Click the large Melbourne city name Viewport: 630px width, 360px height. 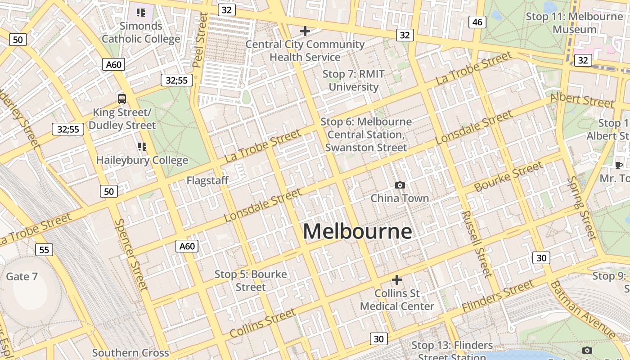[357, 232]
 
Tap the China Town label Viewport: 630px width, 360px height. [400, 198]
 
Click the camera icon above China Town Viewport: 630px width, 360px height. [400, 185]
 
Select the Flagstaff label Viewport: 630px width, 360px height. [207, 181]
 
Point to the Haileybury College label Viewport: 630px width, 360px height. [142, 160]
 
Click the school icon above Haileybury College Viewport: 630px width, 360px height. [142, 146]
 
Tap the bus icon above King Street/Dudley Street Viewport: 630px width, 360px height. [122, 99]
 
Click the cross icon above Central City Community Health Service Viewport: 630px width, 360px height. [305, 31]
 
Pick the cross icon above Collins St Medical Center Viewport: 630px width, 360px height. [396, 280]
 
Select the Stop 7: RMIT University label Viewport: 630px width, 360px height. [353, 80]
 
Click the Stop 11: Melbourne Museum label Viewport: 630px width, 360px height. [575, 23]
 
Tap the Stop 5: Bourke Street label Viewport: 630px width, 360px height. [251, 280]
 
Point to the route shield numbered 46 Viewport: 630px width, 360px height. [477, 22]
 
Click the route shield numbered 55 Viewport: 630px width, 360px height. [44, 250]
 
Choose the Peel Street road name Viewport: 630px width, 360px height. [201, 40]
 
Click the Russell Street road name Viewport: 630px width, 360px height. [476, 243]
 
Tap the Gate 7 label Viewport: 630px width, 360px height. [22, 276]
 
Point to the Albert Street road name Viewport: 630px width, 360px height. [582, 99]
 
